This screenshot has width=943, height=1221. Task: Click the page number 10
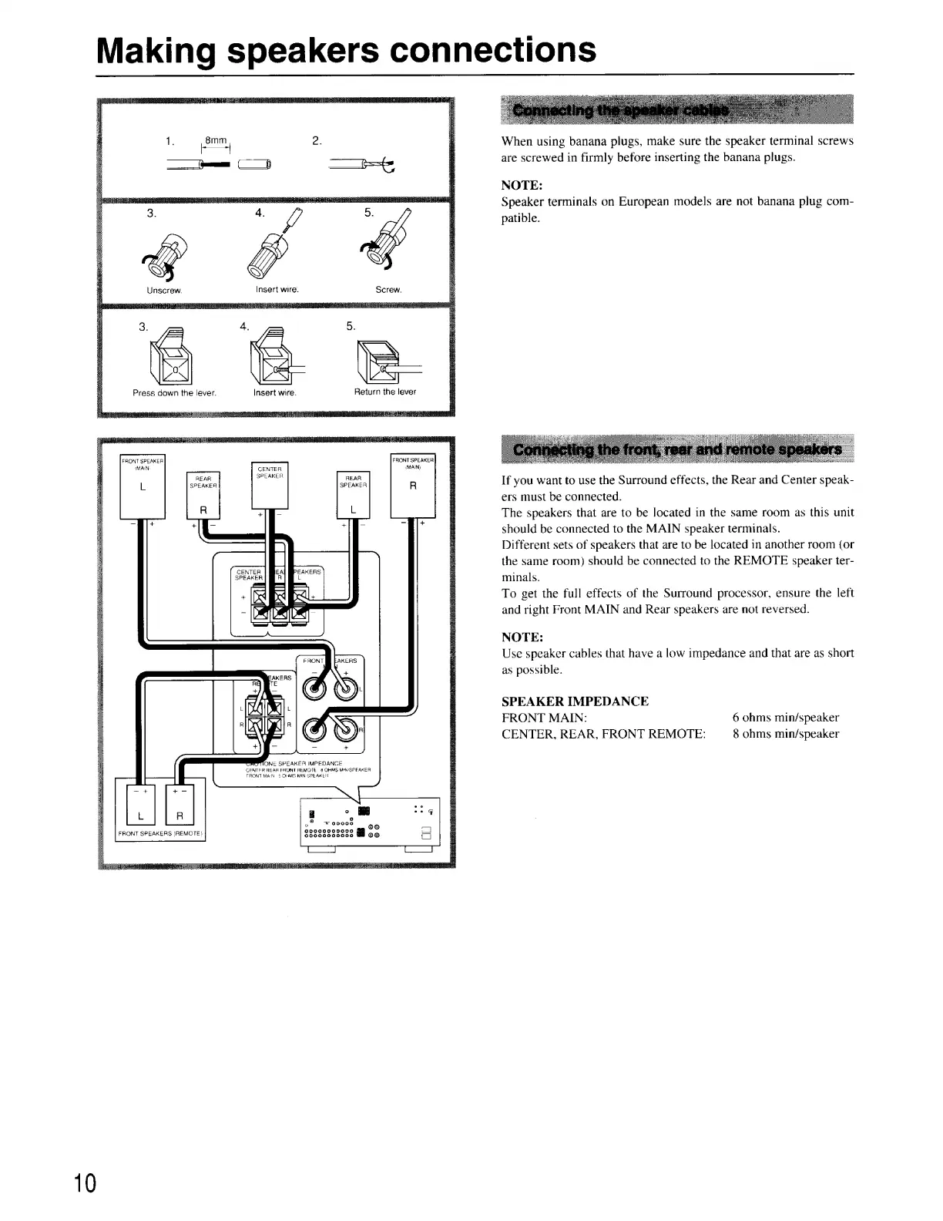point(85,1182)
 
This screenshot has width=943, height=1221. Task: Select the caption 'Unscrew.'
point(163,291)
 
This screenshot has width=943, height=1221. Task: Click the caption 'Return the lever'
point(384,392)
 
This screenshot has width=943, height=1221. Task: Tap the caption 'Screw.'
point(388,290)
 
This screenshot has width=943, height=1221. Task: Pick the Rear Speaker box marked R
point(204,494)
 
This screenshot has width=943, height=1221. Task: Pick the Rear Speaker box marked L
point(354,494)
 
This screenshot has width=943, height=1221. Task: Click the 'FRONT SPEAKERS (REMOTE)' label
point(159,834)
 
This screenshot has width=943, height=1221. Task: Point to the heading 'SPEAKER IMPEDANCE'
point(575,701)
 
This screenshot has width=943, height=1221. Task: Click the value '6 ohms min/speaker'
point(785,718)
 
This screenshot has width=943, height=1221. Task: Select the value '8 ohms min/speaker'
point(785,734)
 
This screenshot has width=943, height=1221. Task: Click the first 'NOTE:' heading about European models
point(522,186)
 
